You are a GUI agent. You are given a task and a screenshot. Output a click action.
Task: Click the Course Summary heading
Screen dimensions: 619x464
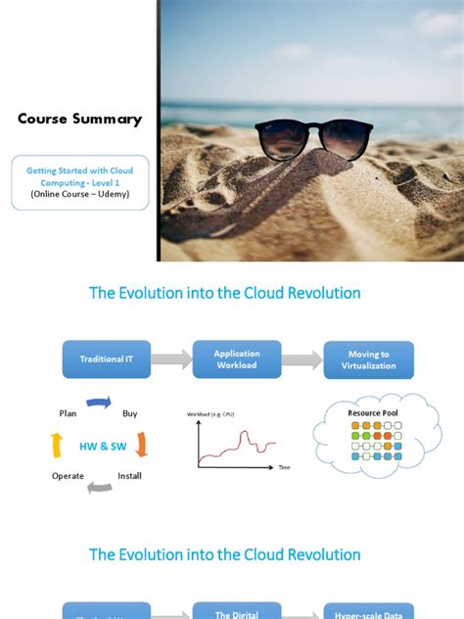pyautogui.click(x=79, y=119)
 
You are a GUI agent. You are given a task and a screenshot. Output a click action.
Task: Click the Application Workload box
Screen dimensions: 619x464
pyautogui.click(x=237, y=359)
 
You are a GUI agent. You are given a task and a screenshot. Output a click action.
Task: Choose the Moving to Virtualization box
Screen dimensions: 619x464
pyautogui.click(x=368, y=359)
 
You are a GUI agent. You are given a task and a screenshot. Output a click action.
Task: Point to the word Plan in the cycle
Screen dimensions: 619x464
pyautogui.click(x=68, y=414)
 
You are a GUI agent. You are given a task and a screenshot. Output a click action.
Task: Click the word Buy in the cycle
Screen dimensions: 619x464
pyautogui.click(x=129, y=414)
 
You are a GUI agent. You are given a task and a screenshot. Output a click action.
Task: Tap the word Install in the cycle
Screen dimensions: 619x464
pyautogui.click(x=130, y=476)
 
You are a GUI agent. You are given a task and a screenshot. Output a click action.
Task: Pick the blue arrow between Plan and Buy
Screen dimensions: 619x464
pyautogui.click(x=99, y=402)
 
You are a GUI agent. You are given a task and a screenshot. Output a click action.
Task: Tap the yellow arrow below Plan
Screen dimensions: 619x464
pyautogui.click(x=57, y=446)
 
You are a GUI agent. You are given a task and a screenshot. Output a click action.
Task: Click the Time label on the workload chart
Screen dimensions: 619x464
pyautogui.click(x=284, y=467)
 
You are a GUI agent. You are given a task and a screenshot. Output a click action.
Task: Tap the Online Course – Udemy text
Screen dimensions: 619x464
pyautogui.click(x=80, y=194)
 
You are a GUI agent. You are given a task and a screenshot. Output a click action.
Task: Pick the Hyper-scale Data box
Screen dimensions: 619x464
pyautogui.click(x=368, y=611)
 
